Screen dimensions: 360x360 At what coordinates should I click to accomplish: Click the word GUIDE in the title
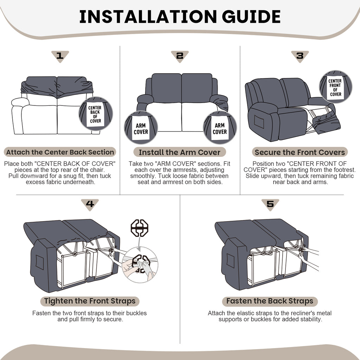point(251,17)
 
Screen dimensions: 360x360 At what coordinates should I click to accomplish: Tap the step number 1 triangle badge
point(60,56)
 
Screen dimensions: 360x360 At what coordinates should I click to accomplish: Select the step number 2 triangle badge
point(180,56)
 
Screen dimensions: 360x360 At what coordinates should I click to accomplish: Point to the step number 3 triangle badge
point(300,56)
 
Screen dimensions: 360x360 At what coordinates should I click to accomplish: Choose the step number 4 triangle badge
point(90,204)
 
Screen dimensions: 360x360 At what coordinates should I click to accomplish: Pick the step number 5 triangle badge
point(270,204)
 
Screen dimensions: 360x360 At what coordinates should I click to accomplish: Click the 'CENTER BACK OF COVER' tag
point(96,114)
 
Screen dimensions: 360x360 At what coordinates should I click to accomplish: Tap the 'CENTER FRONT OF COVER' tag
point(335,87)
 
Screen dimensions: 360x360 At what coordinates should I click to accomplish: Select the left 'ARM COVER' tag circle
point(141,128)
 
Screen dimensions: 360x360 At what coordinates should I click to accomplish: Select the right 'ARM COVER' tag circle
point(220,128)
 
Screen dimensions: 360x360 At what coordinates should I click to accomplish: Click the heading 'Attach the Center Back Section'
point(60,152)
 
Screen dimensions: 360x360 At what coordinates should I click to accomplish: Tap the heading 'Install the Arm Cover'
point(180,152)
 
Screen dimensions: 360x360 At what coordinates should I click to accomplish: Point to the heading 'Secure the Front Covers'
point(300,152)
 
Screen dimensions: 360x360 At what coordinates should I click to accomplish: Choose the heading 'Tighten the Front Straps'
point(90,301)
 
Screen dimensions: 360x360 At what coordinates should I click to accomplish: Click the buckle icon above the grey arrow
point(139,228)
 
